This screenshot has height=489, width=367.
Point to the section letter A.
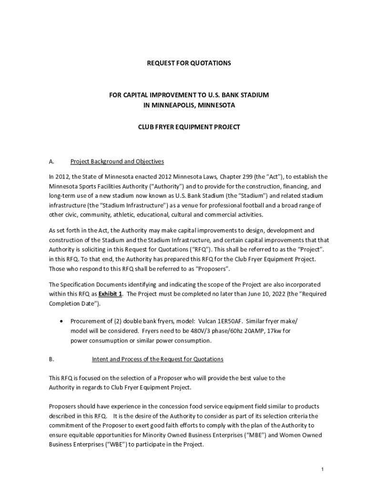(x=51, y=161)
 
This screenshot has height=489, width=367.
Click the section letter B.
(x=51, y=359)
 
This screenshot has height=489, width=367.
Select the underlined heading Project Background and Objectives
(x=117, y=161)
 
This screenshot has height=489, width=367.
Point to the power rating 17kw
(x=282, y=331)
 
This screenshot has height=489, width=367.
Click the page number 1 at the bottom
(x=323, y=470)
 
